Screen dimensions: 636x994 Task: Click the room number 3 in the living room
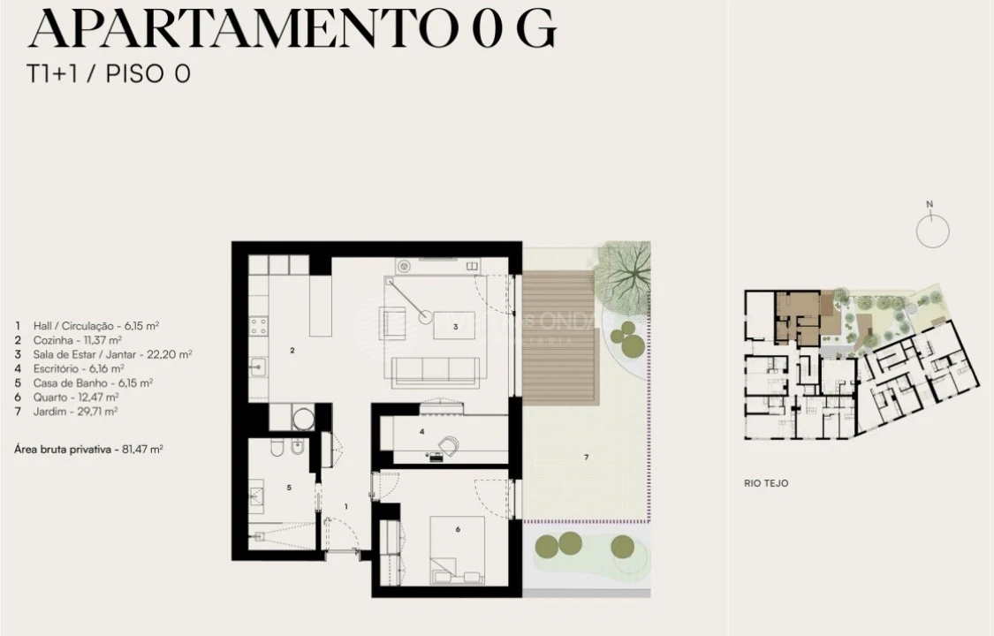(x=455, y=327)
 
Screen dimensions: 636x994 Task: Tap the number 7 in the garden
(x=585, y=457)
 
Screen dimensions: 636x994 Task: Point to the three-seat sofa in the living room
(x=436, y=370)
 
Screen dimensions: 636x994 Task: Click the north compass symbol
(x=932, y=231)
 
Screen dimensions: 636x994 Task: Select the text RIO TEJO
(x=765, y=483)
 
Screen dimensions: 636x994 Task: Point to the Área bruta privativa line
(x=88, y=449)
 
